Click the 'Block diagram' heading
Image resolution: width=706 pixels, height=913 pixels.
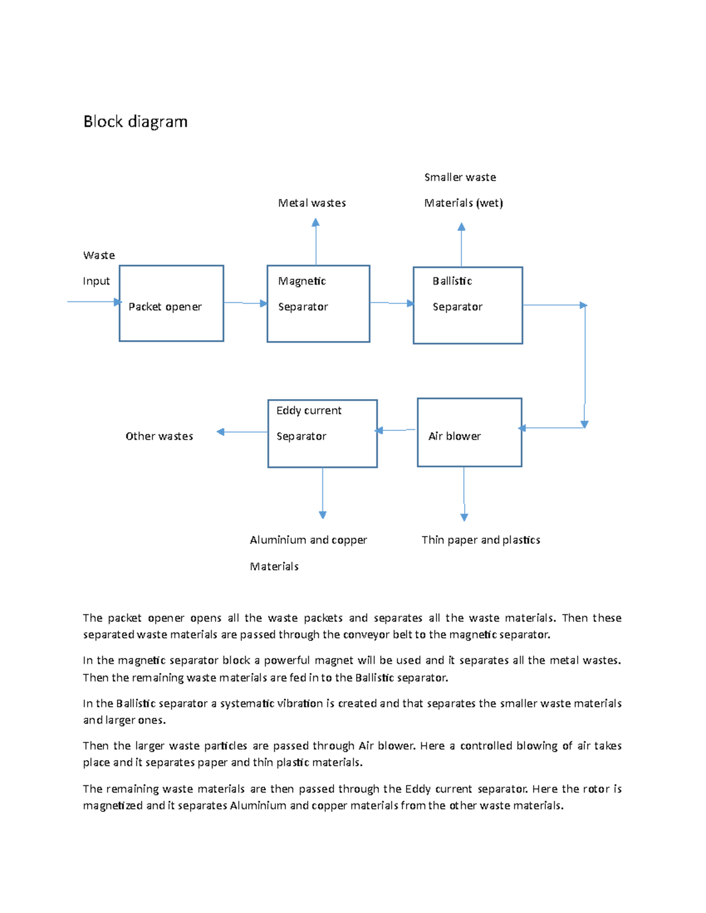(x=135, y=122)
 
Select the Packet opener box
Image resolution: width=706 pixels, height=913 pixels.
(x=171, y=303)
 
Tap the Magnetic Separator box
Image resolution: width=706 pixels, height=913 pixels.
(x=318, y=303)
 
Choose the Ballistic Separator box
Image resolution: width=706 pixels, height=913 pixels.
(x=468, y=305)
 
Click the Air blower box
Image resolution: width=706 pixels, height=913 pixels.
(x=469, y=433)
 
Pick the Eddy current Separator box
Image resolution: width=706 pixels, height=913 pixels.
(x=322, y=434)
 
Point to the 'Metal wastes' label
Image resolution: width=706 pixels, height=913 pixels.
(x=312, y=203)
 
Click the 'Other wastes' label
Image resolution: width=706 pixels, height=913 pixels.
(x=159, y=436)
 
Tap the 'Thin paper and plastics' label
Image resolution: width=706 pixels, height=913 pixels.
(x=481, y=540)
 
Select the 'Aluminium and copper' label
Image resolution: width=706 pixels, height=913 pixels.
(x=308, y=540)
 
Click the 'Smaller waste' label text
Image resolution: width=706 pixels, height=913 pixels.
(x=460, y=177)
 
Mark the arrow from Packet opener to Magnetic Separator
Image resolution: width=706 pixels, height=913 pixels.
(x=245, y=303)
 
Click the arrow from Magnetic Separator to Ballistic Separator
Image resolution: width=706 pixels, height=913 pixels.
(x=391, y=303)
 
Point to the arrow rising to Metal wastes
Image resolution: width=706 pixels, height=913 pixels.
(x=316, y=242)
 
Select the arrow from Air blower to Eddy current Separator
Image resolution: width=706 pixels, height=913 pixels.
(x=397, y=430)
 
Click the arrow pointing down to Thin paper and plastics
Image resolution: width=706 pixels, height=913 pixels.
(x=464, y=494)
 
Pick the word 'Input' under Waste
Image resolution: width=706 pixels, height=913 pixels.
(x=96, y=281)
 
